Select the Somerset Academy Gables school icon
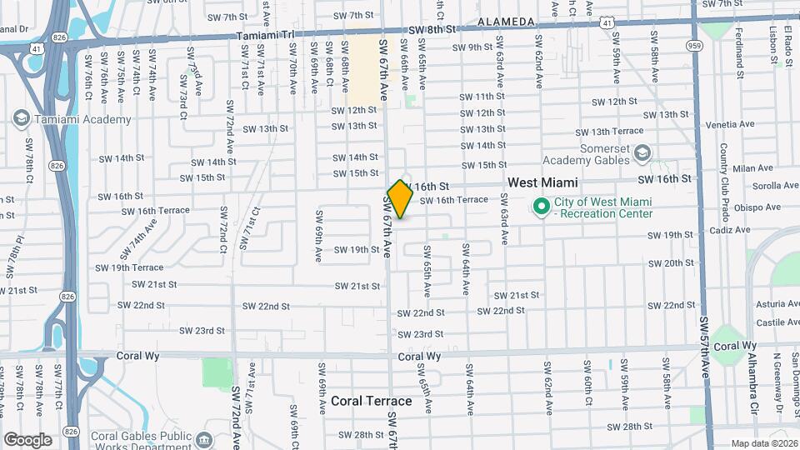[x=642, y=153]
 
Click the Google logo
[x=27, y=439]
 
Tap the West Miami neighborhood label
[x=543, y=182]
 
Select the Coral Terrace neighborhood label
[x=372, y=401]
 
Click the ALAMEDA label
[x=506, y=21]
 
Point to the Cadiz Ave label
[x=731, y=230]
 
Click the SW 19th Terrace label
[x=129, y=267]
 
